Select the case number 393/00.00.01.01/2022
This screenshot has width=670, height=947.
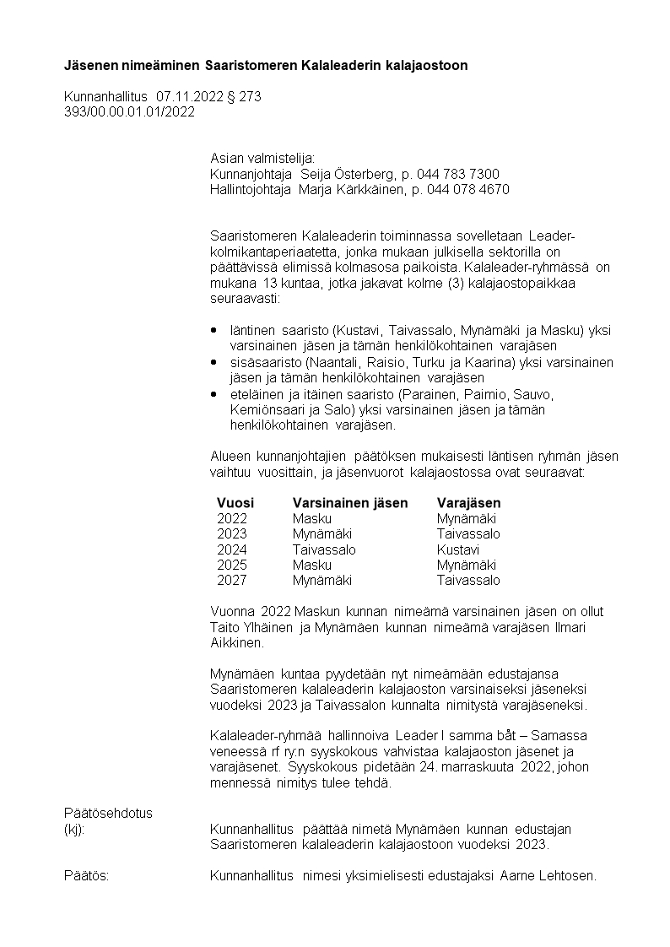click(129, 111)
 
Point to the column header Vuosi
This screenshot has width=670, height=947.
click(235, 503)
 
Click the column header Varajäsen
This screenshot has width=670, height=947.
click(468, 503)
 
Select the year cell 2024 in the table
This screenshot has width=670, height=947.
click(232, 549)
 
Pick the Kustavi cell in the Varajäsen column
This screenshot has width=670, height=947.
click(458, 549)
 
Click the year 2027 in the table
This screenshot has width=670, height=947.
click(232, 580)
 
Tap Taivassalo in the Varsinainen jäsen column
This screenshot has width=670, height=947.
click(324, 549)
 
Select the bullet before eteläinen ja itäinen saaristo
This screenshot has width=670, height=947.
click(214, 393)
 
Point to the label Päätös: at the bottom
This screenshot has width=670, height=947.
click(87, 875)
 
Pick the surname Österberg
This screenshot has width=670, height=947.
click(355, 175)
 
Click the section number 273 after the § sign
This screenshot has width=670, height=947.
click(250, 97)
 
